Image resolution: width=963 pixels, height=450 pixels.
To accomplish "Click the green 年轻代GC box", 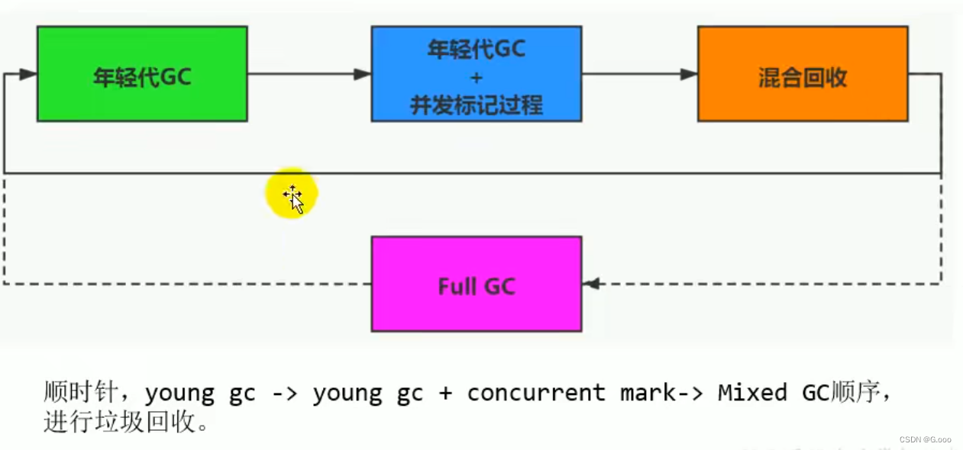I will pyautogui.click(x=142, y=74).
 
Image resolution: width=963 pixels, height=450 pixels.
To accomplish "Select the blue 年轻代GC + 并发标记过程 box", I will pyautogui.click(x=477, y=74).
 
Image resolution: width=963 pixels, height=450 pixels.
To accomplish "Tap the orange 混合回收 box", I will pyautogui.click(x=803, y=74).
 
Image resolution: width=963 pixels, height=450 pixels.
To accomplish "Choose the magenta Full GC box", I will pyautogui.click(x=477, y=284).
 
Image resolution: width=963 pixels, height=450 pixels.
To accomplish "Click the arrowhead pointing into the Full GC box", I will pyautogui.click(x=590, y=284).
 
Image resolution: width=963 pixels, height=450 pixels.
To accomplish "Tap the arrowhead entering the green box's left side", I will pyautogui.click(x=28, y=74).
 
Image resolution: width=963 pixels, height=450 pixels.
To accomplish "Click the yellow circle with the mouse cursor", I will pyautogui.click(x=291, y=194).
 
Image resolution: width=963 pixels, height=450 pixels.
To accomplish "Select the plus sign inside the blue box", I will pyautogui.click(x=477, y=78).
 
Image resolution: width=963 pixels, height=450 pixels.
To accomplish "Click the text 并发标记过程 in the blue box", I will pyautogui.click(x=477, y=105).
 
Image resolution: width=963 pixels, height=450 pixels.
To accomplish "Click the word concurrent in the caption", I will pyautogui.click(x=535, y=394).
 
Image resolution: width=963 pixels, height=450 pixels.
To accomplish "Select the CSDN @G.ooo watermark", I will pyautogui.click(x=925, y=439).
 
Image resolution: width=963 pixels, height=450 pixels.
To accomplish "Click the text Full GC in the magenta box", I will pyautogui.click(x=477, y=287).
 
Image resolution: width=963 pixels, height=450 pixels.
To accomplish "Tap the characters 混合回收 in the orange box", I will pyautogui.click(x=803, y=78).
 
